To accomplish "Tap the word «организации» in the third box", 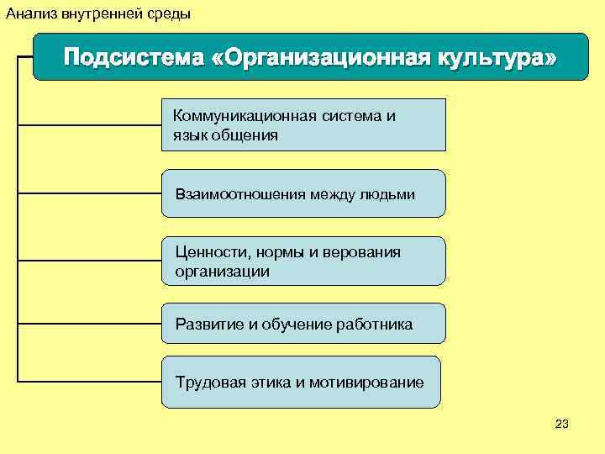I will (x=222, y=272).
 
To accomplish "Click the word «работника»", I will (x=374, y=325).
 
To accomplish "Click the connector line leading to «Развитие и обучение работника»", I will (x=88, y=323).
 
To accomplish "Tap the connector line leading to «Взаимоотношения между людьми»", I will (x=88, y=193).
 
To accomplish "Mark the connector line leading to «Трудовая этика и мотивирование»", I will (x=88, y=382).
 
